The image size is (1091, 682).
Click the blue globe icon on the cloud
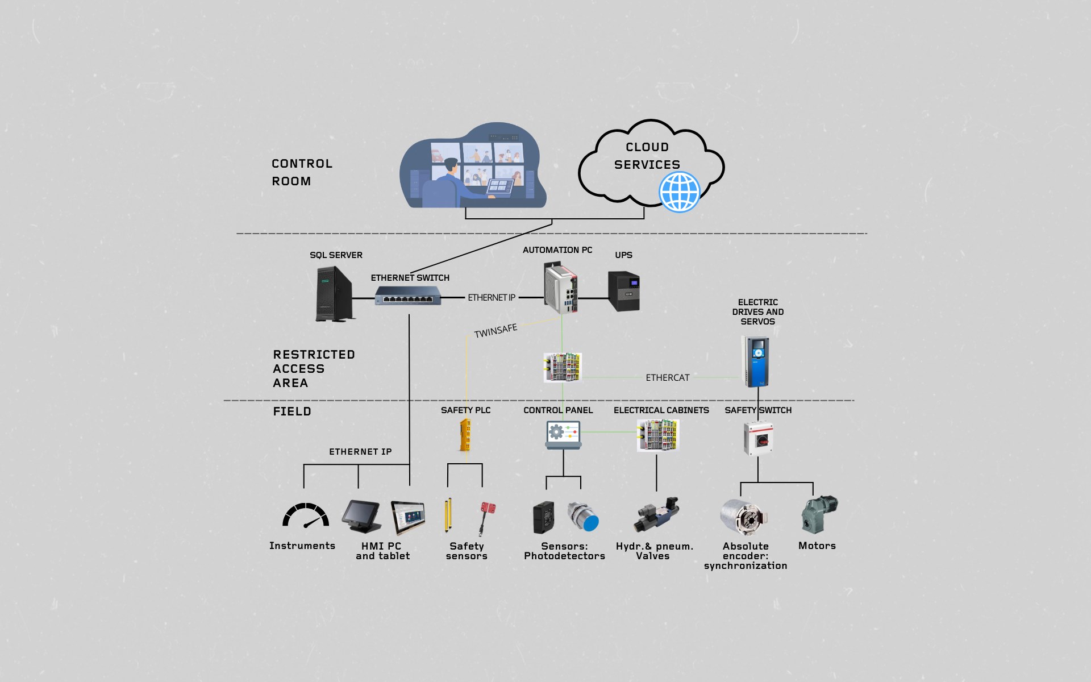pyautogui.click(x=680, y=192)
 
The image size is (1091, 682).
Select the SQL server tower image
pyautogui.click(x=335, y=294)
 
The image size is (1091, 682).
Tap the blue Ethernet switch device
pyautogui.click(x=408, y=296)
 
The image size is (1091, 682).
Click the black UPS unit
pyautogui.click(x=624, y=291)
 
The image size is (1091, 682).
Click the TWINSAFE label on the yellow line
pyautogui.click(x=495, y=331)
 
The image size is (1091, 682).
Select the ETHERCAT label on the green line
pyautogui.click(x=668, y=378)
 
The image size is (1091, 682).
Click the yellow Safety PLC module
pyautogui.click(x=465, y=435)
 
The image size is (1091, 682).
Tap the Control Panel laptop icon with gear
pyautogui.click(x=563, y=435)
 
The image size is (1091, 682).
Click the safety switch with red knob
pyautogui.click(x=759, y=438)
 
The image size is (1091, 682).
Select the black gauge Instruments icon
pyautogui.click(x=306, y=515)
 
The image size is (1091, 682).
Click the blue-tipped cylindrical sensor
pyautogui.click(x=584, y=517)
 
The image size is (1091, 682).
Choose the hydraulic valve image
pyautogui.click(x=657, y=515)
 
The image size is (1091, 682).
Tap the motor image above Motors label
pyautogui.click(x=819, y=514)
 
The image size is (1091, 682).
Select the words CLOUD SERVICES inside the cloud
pyautogui.click(x=647, y=156)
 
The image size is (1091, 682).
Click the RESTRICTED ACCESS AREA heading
pyautogui.click(x=314, y=369)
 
